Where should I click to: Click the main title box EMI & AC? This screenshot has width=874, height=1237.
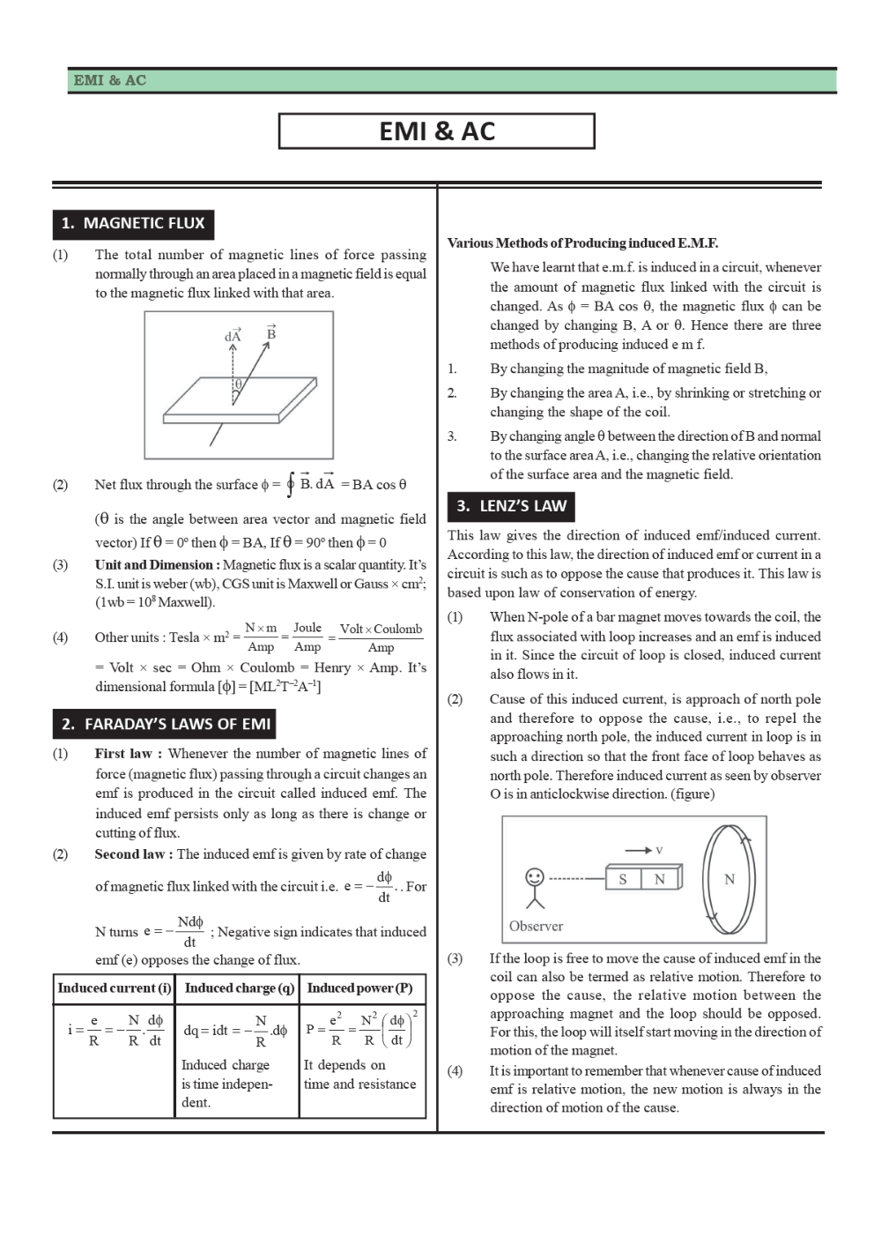click(x=436, y=131)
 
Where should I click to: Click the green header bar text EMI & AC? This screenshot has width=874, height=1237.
click(x=110, y=80)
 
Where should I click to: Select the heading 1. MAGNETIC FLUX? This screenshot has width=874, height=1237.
click(x=132, y=223)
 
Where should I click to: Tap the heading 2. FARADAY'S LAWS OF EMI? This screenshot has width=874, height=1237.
click(x=165, y=724)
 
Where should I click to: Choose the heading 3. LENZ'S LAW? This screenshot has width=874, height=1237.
click(x=511, y=506)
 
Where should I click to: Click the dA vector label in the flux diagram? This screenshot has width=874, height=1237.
click(x=233, y=335)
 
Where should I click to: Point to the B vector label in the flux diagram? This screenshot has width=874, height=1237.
click(x=271, y=333)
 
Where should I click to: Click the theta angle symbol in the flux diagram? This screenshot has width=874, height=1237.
click(x=238, y=384)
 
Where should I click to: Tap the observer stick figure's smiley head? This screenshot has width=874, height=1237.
click(x=534, y=877)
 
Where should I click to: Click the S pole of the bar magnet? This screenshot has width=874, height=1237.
click(x=623, y=879)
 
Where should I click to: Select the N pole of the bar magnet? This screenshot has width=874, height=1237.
click(x=659, y=879)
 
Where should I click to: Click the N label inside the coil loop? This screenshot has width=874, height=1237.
click(x=729, y=879)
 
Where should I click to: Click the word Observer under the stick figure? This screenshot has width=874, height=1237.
click(x=536, y=926)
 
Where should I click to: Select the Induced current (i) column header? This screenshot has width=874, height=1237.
click(x=115, y=987)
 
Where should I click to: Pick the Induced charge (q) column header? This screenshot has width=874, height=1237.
click(x=239, y=987)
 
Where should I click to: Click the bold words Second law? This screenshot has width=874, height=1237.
click(x=130, y=853)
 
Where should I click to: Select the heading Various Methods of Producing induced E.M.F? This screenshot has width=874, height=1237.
click(x=582, y=242)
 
